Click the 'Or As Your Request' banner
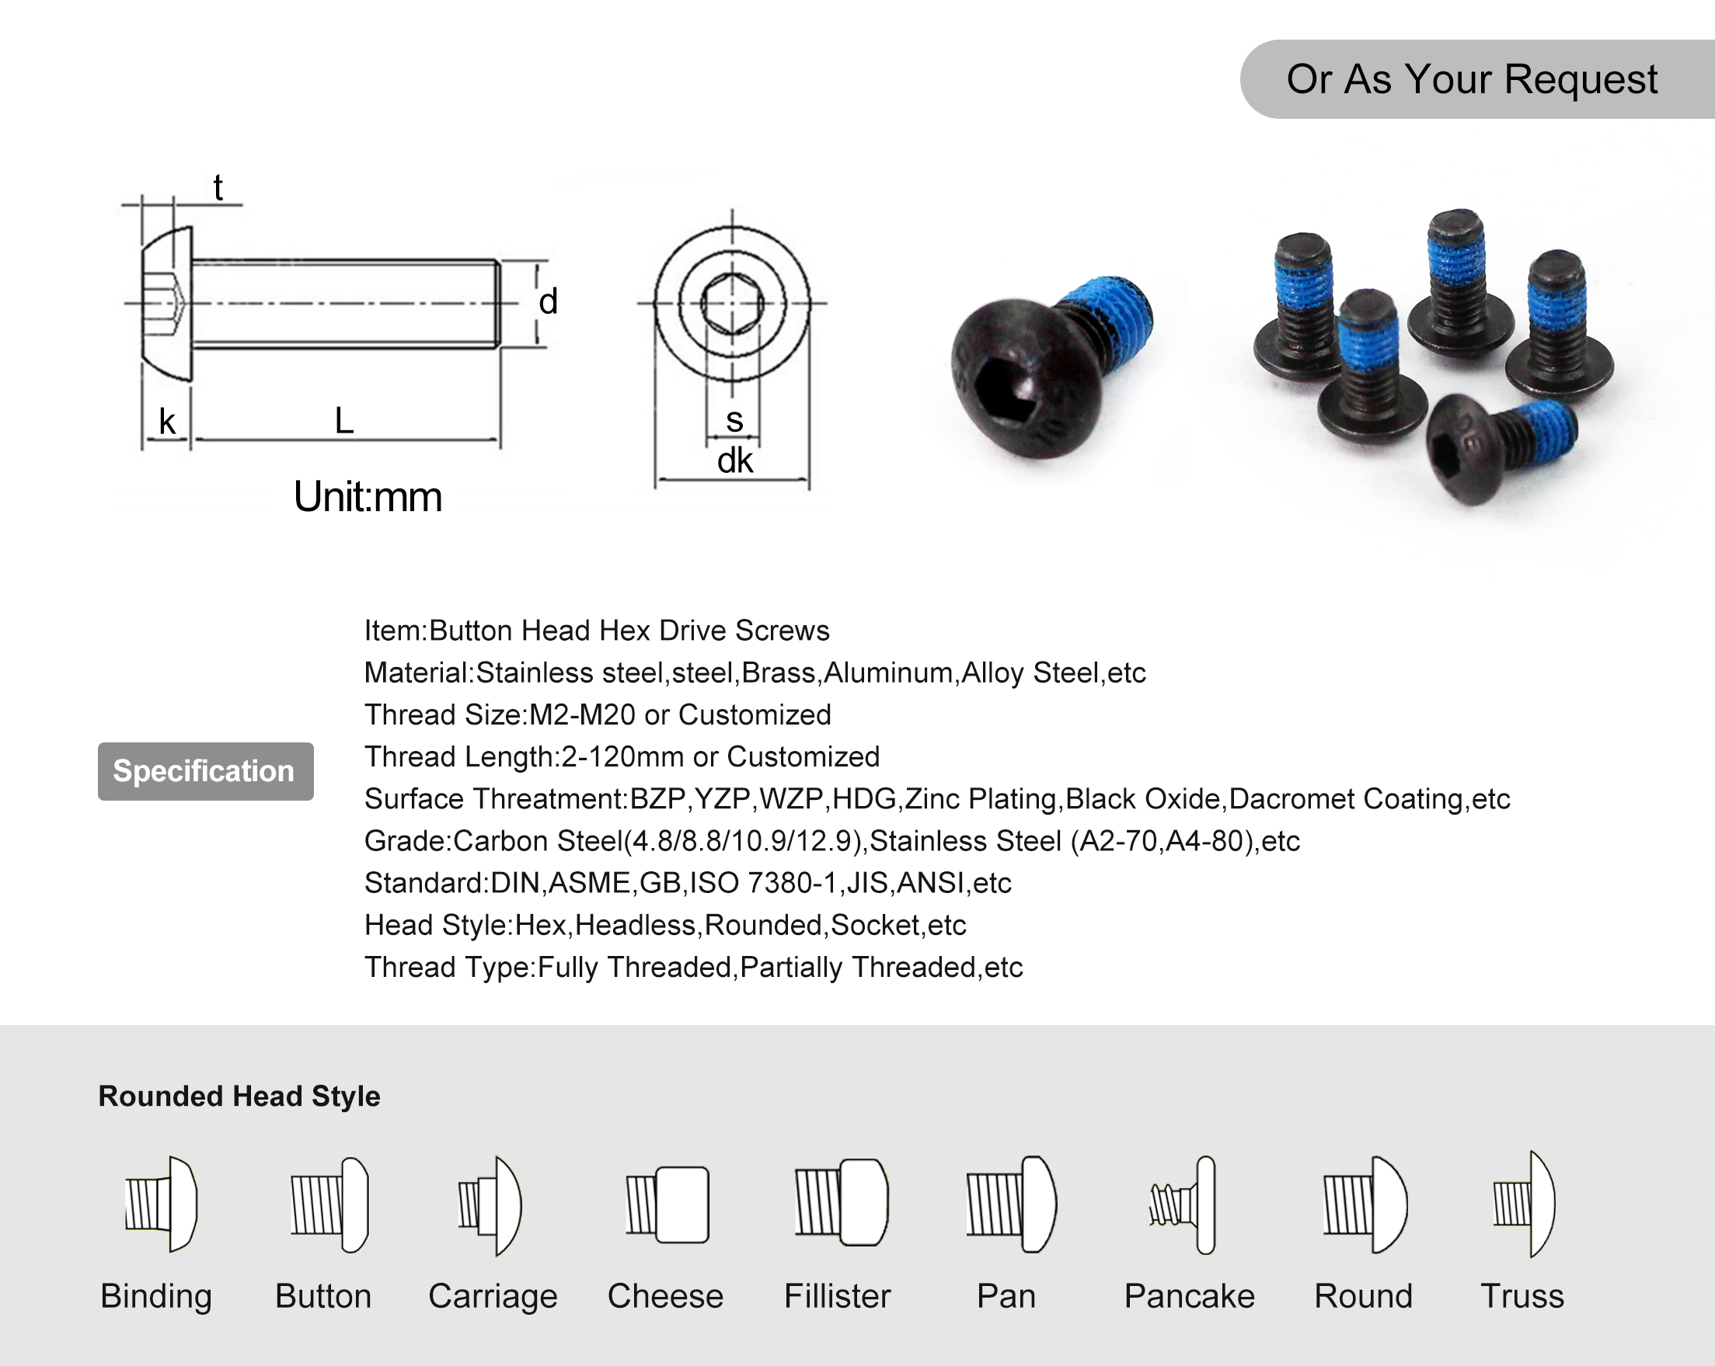(1472, 79)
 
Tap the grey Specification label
(205, 771)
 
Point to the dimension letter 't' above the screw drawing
(218, 189)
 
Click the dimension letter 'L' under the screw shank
(343, 421)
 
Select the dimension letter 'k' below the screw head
(167, 422)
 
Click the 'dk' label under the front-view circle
(734, 461)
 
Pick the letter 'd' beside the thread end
(548, 302)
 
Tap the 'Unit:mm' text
(368, 497)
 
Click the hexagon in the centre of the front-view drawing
(733, 303)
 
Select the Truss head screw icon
(1524, 1204)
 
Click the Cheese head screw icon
(668, 1204)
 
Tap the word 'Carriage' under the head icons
(493, 1296)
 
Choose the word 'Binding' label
(156, 1296)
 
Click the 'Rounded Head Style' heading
(239, 1096)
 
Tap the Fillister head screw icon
(841, 1202)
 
